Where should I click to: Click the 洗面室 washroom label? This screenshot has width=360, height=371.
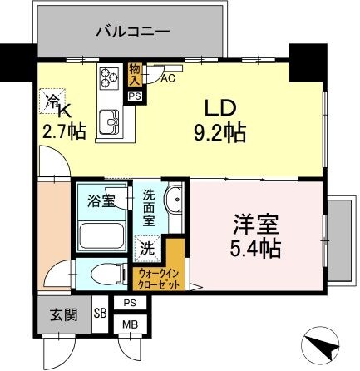click(x=149, y=208)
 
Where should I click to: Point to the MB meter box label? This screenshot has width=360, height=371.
click(x=130, y=324)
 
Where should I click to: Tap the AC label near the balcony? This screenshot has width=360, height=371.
click(x=166, y=80)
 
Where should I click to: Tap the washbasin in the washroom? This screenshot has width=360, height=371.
click(x=174, y=203)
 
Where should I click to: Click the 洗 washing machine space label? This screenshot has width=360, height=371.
click(x=146, y=247)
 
